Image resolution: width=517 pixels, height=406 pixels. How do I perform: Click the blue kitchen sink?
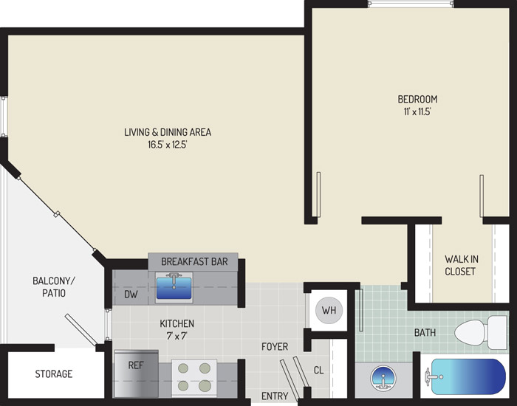174,287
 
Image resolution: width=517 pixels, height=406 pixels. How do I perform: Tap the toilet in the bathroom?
481,332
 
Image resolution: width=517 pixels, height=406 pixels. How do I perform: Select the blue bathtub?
468,376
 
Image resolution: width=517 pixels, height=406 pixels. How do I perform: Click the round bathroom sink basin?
383,377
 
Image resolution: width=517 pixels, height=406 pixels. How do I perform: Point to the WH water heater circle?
329,310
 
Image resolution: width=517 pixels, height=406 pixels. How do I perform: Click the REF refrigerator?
136,374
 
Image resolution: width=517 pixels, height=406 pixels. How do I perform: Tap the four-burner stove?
194,377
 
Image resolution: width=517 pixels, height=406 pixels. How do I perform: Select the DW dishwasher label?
131,295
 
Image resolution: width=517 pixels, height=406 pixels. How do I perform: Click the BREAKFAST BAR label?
194,261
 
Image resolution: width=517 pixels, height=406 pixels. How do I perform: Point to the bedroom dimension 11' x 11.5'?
417,111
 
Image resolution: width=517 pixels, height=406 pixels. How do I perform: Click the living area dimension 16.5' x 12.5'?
168,145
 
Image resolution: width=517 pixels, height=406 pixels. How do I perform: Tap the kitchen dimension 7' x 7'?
177,336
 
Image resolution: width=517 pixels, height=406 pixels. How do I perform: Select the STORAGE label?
54,374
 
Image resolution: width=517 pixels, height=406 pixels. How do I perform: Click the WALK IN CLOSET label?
461,265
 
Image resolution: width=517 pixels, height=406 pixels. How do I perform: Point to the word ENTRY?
275,396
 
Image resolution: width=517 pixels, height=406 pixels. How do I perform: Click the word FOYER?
275,347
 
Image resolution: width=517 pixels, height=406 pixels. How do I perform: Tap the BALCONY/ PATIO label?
54,286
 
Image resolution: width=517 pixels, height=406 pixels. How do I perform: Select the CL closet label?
318,371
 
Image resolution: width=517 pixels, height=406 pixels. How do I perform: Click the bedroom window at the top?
411,4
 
